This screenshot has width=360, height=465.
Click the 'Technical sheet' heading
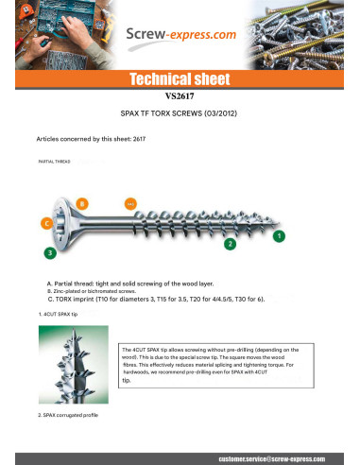click(180, 77)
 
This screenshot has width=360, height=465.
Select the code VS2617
click(180, 95)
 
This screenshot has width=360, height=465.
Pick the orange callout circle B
click(82, 203)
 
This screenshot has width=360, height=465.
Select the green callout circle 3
click(49, 252)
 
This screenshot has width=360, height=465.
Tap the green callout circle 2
click(229, 244)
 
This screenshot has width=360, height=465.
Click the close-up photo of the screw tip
click(75, 365)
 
